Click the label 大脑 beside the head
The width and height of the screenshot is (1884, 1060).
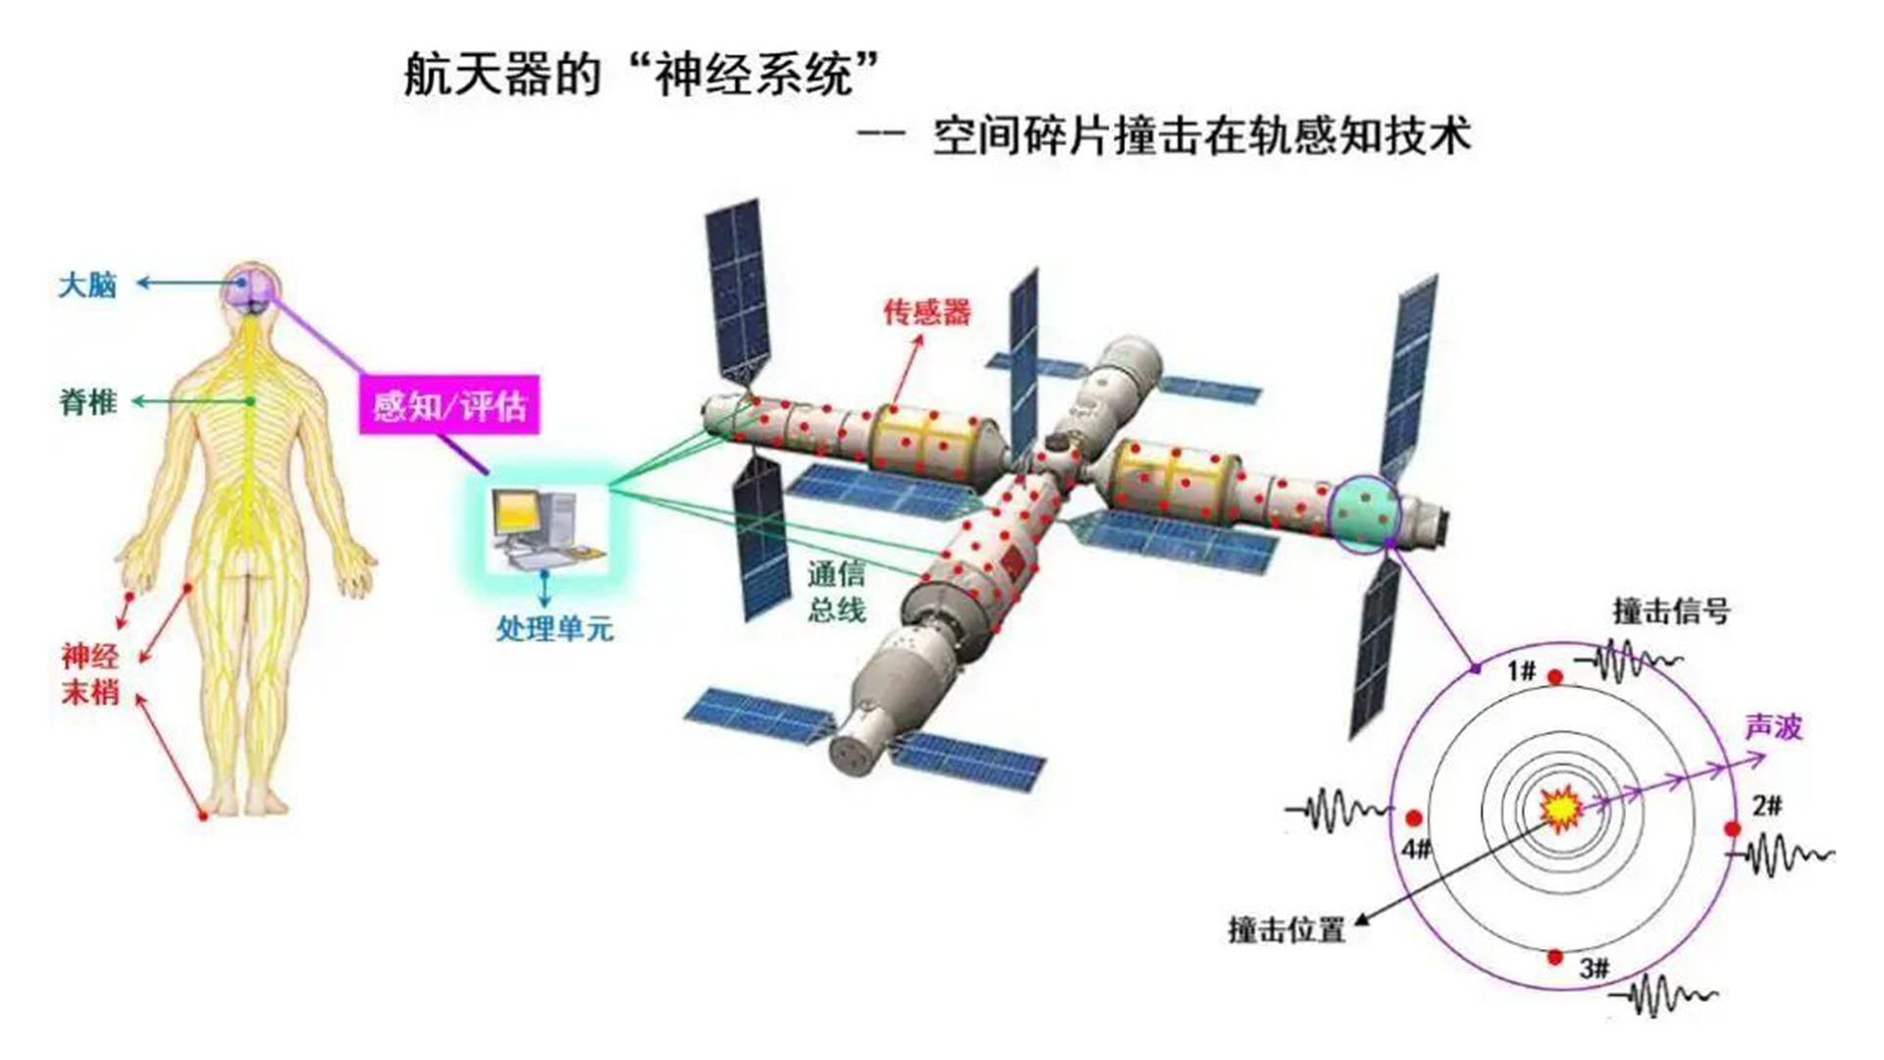[87, 286]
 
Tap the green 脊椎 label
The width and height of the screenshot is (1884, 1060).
[88, 402]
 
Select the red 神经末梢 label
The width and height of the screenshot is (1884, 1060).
[90, 674]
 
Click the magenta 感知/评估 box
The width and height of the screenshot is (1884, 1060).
[449, 404]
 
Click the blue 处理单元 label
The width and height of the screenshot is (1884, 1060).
[554, 628]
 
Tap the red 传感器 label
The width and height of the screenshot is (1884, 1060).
[926, 312]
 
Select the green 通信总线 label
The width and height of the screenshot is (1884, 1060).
[836, 592]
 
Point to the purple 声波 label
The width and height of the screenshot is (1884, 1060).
[1773, 727]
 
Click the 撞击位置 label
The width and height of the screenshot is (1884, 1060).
[1286, 929]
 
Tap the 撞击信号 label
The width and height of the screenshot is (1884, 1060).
[1671, 611]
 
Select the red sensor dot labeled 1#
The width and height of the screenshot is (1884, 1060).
[1555, 677]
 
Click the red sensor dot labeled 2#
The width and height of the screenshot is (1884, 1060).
[1733, 829]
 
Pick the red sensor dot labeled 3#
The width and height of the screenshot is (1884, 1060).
[1555, 957]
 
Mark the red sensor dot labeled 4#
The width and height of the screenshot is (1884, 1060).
[1414, 818]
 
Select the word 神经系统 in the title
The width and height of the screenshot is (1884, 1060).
[754, 75]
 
